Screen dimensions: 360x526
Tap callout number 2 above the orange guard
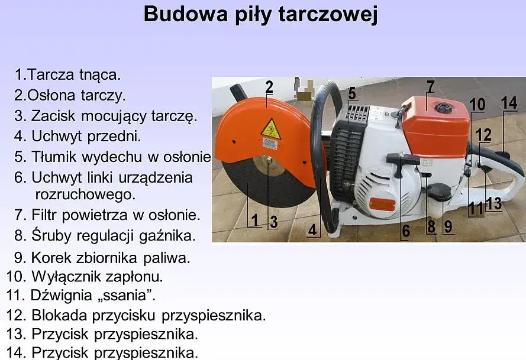point(269,87)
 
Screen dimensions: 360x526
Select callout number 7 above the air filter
point(430,86)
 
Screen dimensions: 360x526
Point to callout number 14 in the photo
point(509,102)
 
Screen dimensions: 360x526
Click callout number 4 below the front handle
point(312,229)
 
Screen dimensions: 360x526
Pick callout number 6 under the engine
point(405,231)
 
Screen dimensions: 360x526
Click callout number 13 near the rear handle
point(493,204)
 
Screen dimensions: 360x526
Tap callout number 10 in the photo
point(477,105)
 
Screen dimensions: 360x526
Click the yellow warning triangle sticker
point(271,128)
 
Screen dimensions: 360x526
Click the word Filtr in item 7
point(45,215)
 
